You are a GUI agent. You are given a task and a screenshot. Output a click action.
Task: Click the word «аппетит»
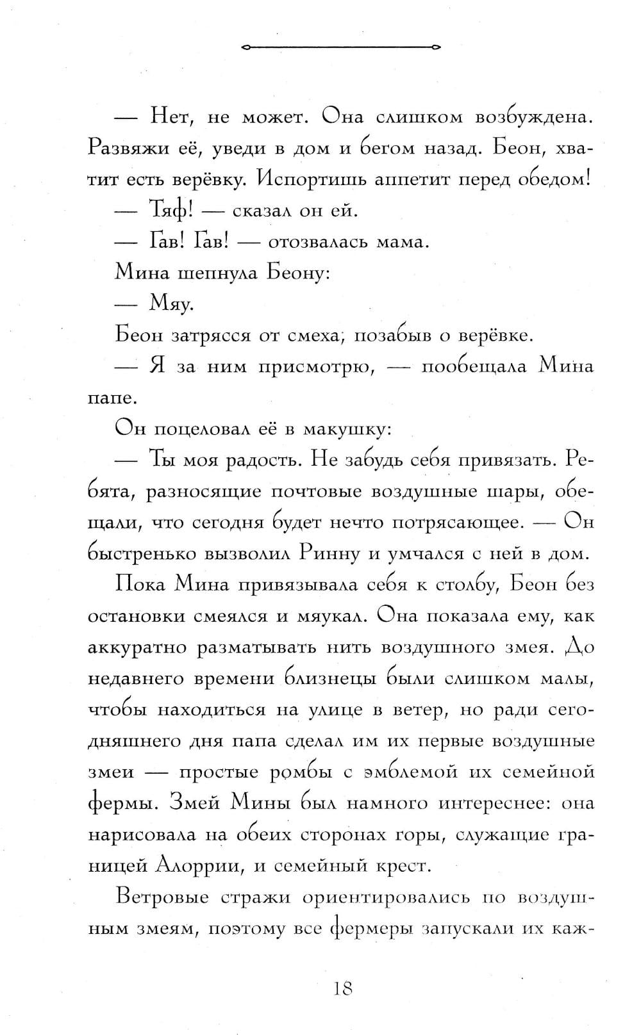(395, 179)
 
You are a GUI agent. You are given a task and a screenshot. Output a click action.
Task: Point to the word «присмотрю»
(316, 366)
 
